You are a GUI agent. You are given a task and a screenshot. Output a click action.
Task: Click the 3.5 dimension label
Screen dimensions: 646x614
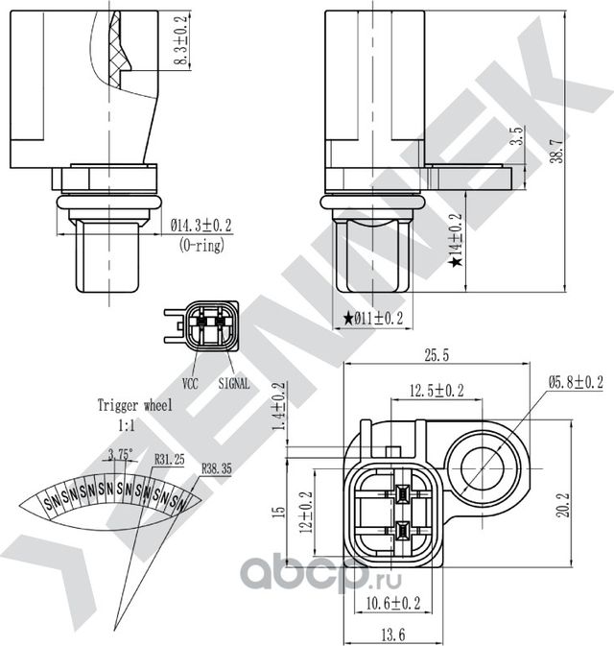pyautogui.click(x=517, y=134)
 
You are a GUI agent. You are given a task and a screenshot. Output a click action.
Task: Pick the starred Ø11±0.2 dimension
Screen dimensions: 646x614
pyautogui.click(x=373, y=318)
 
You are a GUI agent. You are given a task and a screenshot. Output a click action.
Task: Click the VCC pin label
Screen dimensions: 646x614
pyautogui.click(x=190, y=382)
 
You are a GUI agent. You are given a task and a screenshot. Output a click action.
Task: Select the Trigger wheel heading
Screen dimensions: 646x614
pyautogui.click(x=134, y=406)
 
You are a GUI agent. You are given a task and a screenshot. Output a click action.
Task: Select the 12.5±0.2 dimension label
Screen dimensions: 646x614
pyautogui.click(x=437, y=390)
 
